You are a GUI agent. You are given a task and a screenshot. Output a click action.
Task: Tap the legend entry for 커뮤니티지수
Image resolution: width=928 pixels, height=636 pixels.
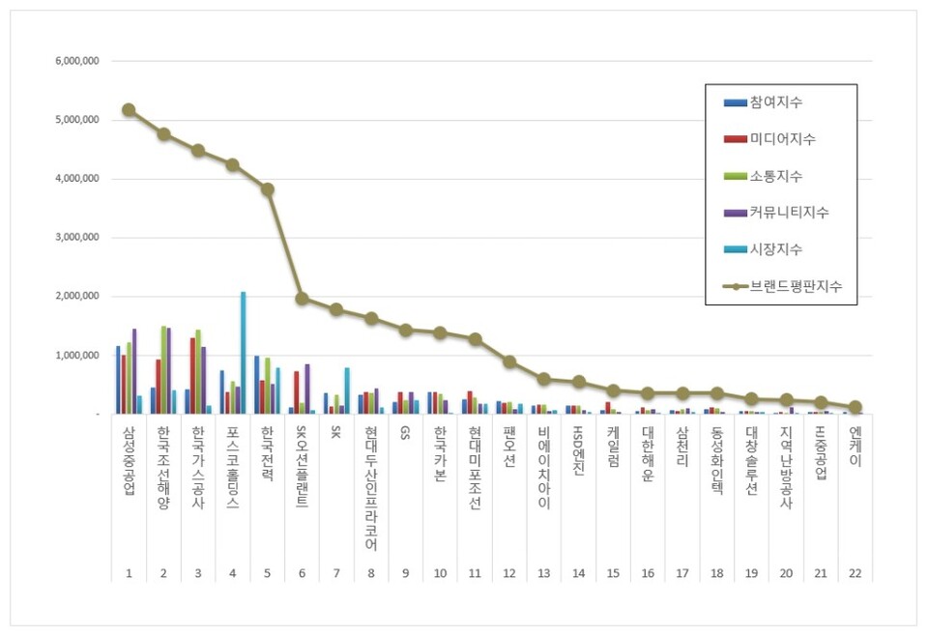(789, 213)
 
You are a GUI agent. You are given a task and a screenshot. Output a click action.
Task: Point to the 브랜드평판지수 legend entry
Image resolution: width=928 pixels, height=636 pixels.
(796, 286)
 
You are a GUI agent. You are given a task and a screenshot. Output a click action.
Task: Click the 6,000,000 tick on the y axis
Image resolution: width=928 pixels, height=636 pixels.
(79, 61)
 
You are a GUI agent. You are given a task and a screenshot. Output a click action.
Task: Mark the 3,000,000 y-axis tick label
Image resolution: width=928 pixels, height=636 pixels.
(79, 238)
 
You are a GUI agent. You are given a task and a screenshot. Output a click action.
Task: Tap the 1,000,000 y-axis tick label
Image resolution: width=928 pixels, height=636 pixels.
(79, 356)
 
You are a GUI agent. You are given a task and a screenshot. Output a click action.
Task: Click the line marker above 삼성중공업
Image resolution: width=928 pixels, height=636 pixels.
(129, 110)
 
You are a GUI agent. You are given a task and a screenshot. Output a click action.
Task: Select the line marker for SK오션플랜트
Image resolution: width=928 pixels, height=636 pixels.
(302, 299)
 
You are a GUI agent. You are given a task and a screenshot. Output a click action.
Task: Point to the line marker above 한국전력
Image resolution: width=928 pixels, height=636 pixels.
(267, 189)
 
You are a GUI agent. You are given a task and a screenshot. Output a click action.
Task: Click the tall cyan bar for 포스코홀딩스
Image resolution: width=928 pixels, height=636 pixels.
(243, 353)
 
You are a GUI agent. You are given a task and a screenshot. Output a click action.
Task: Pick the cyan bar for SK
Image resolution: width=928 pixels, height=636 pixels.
(347, 390)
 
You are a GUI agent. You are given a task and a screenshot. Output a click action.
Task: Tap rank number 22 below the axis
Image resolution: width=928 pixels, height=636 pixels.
(855, 573)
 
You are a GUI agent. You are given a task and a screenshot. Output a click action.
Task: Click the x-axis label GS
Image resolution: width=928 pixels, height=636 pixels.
(406, 435)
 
